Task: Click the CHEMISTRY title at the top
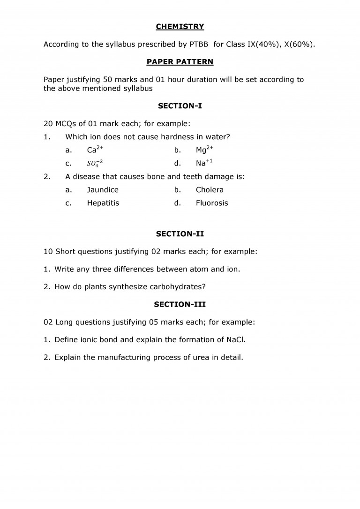(x=180, y=27)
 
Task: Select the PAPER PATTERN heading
(x=180, y=62)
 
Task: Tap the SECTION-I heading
(x=180, y=106)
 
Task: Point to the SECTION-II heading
(x=180, y=233)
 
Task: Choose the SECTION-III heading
(x=180, y=304)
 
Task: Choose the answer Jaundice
(x=103, y=190)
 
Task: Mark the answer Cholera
(x=210, y=190)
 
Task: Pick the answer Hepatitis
(x=103, y=203)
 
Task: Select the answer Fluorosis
(x=212, y=203)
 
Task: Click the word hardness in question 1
(x=176, y=137)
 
